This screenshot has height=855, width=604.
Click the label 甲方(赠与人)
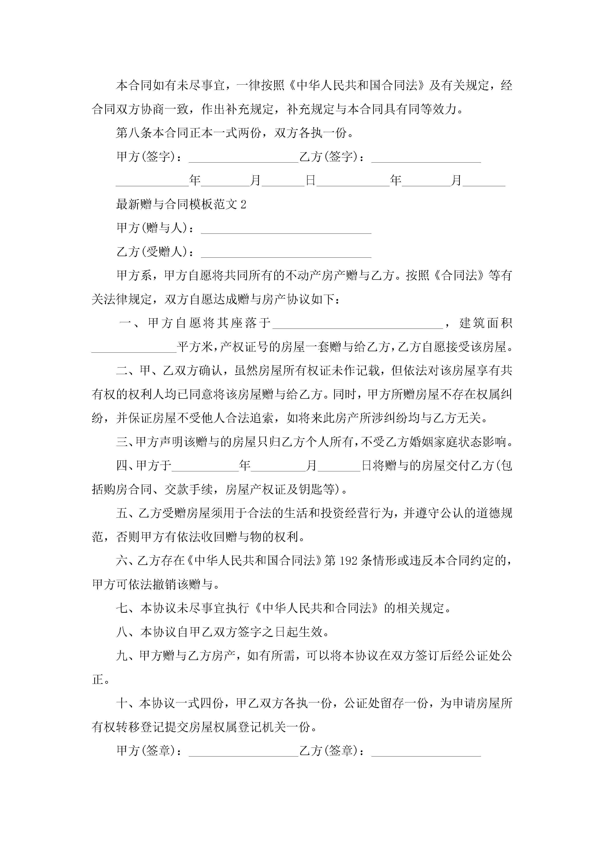tap(152, 228)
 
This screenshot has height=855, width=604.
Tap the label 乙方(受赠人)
tap(152, 252)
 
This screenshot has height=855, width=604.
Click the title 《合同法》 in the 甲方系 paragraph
tap(459, 276)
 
